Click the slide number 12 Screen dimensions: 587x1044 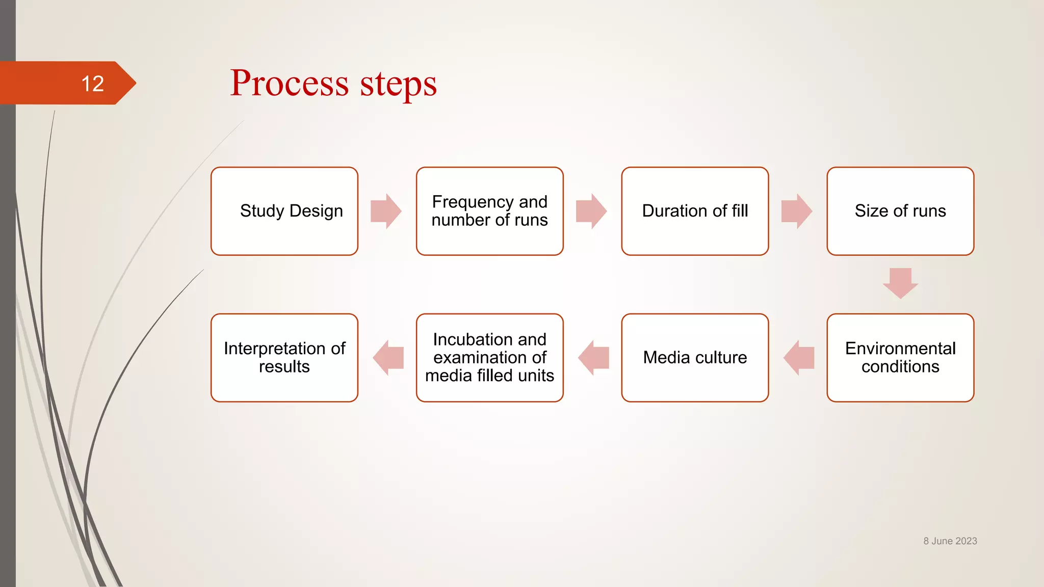coord(92,84)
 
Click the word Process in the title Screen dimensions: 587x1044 coord(289,83)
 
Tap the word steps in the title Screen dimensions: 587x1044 coord(398,84)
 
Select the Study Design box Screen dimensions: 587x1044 coord(284,211)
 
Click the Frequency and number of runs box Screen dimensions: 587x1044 coord(489,211)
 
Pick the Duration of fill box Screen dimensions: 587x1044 coord(695,211)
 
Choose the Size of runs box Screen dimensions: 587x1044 coord(900,211)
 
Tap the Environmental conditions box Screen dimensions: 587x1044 coord(900,358)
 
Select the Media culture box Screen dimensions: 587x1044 coord(695,358)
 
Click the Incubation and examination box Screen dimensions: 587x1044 coord(489,358)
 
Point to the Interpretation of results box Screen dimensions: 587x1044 coord(284,358)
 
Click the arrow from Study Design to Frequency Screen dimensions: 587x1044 coord(386,211)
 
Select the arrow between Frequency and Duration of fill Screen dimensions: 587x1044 coord(591,211)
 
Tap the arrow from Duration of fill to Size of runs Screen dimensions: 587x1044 coord(797,211)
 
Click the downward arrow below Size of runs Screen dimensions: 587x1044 coord(900,283)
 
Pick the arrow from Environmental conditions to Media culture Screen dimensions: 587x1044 coord(799,358)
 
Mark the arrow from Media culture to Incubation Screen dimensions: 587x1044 coord(593,358)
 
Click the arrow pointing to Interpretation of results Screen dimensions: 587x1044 coord(388,358)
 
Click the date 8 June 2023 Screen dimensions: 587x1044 coord(950,541)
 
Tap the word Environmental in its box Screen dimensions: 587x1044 coord(900,349)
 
